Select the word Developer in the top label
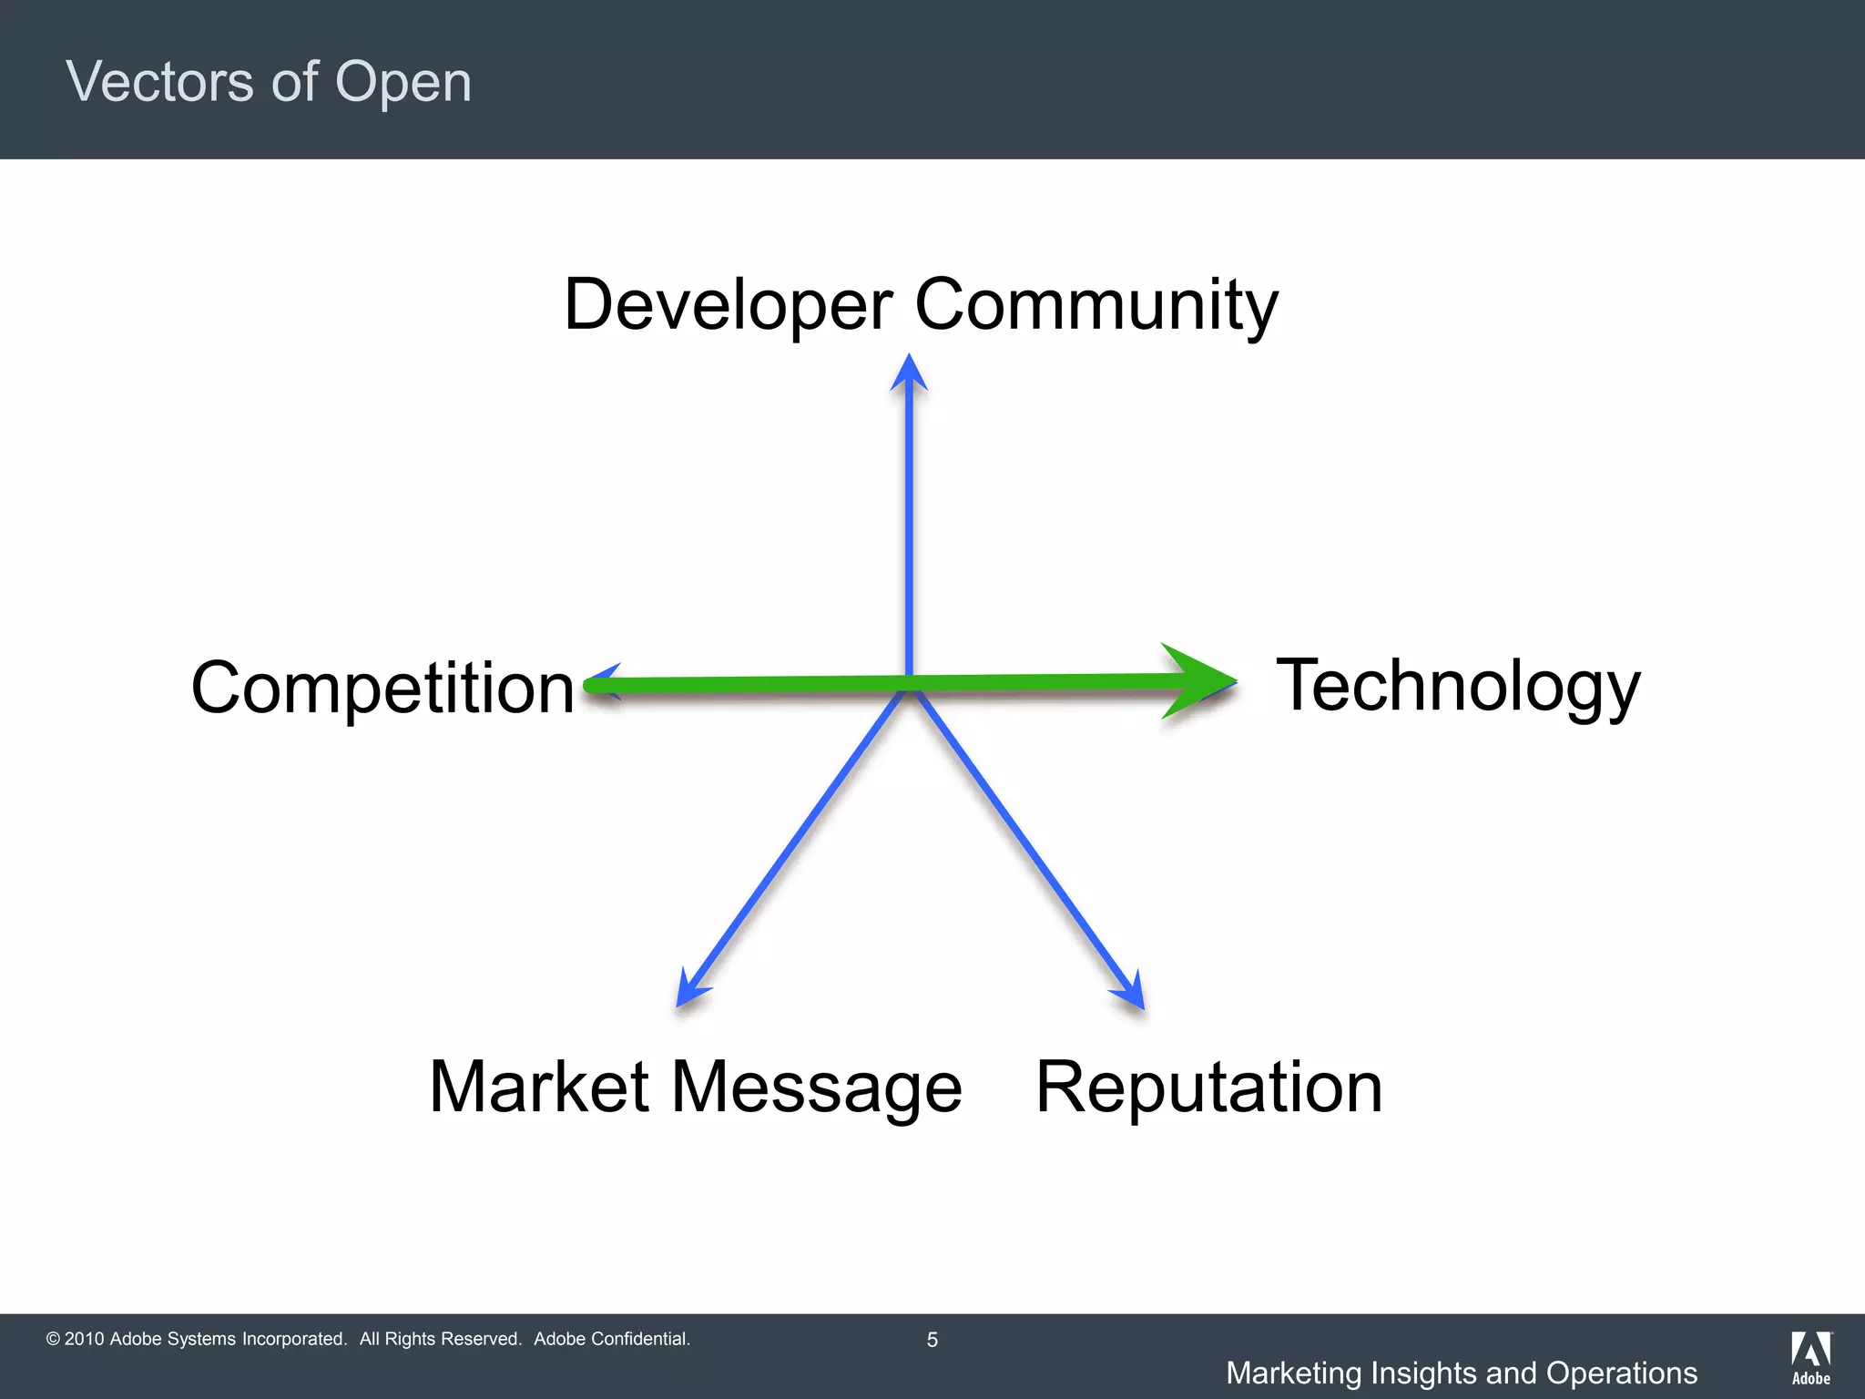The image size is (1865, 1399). [x=728, y=305]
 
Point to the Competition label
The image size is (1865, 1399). [x=382, y=689]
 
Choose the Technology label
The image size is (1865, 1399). [x=1457, y=686]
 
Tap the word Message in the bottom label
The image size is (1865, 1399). [x=816, y=1088]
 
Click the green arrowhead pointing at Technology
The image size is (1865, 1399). [x=1200, y=681]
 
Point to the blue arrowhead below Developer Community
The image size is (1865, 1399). [x=909, y=373]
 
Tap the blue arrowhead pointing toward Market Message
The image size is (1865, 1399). [x=690, y=991]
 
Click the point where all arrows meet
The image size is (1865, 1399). [x=909, y=685]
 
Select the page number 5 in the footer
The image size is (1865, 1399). [x=932, y=1340]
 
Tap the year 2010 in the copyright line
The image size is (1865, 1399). [x=84, y=1339]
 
